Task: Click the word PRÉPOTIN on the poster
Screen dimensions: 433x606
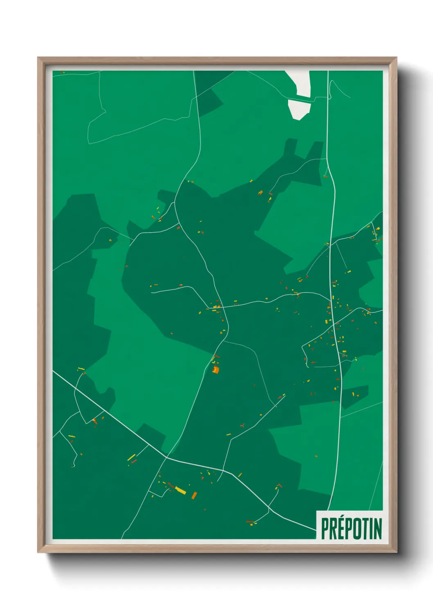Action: pos(351,528)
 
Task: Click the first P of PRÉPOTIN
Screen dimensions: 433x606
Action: pos(325,529)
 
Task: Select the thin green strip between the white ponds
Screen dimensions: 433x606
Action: pos(300,99)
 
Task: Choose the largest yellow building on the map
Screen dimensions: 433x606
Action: pos(180,490)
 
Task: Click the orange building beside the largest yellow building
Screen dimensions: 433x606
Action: pos(194,495)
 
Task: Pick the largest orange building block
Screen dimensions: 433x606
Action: pos(216,370)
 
